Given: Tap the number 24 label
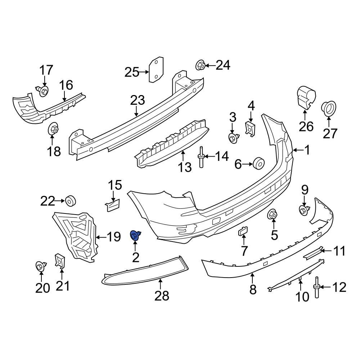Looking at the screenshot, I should click(223, 65).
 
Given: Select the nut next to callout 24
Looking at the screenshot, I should click(201, 66).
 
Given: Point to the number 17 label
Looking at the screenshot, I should click(46, 70).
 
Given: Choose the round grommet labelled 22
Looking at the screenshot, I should click(70, 201).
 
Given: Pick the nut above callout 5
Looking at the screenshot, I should click(272, 215).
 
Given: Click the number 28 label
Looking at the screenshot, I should click(162, 296).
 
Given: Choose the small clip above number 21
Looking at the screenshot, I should click(59, 261).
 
